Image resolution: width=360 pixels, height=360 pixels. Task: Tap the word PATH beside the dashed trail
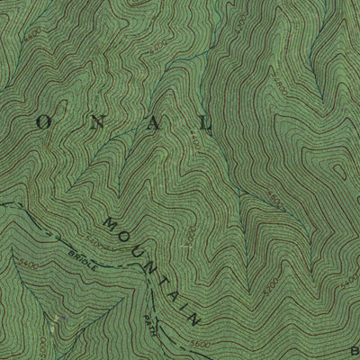150,321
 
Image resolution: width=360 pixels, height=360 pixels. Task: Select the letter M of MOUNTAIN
110,221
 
